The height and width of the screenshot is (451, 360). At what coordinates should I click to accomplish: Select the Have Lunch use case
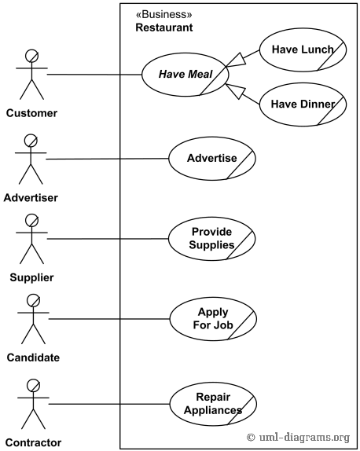coord(302,49)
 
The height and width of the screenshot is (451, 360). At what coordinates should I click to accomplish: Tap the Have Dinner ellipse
coord(302,104)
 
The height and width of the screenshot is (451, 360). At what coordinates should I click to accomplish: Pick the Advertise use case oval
coord(211,158)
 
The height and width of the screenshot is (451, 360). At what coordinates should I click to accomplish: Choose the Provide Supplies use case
coord(211,238)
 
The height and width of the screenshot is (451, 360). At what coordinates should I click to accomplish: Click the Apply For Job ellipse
coord(213,318)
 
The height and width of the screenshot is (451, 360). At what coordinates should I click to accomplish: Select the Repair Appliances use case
coord(213,403)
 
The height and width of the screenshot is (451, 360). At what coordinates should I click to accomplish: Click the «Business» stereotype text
coord(163,14)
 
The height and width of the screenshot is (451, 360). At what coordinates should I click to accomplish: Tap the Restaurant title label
coord(163,27)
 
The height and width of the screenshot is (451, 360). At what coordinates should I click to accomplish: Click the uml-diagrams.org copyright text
coord(298,438)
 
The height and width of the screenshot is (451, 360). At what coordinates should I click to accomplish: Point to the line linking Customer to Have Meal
coord(94,75)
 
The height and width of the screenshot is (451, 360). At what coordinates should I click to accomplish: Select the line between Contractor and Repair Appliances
coord(110,404)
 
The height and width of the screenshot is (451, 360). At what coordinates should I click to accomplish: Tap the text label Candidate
coord(31,357)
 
